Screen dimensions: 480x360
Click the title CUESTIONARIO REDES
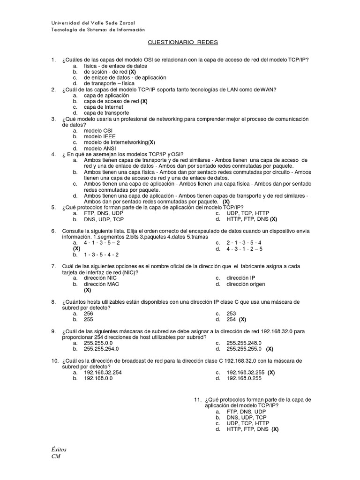183,42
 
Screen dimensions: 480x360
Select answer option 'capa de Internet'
103,107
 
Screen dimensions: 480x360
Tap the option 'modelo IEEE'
99,136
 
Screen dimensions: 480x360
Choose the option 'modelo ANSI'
100,148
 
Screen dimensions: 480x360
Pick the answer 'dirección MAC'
102,284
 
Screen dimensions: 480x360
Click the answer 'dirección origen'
246,284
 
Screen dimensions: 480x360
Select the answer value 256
89,314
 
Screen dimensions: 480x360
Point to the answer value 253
232,314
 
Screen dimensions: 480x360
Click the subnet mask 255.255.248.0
244,343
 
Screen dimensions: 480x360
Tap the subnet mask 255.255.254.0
101,349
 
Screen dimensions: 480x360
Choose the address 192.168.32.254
103,373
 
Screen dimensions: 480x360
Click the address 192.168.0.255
244,378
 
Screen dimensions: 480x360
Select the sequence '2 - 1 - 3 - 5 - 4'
244,243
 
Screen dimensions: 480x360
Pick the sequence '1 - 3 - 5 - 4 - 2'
101,255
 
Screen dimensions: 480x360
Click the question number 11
197,399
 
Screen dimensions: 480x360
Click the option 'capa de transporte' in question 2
106,113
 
